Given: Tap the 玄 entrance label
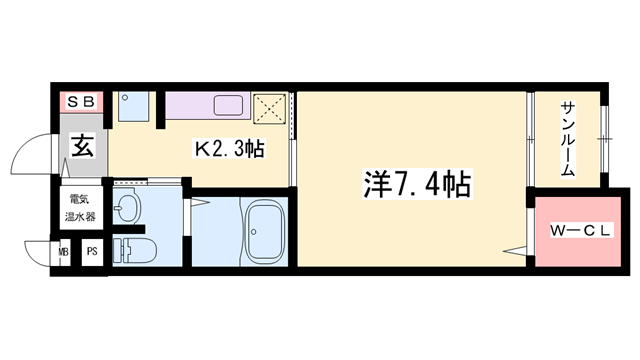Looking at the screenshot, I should point(83,147).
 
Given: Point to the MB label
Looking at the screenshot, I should point(64,253).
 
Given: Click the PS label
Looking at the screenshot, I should point(91,253).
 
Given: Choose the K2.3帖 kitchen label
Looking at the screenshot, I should point(228,150).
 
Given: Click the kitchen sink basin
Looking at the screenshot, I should point(227,106).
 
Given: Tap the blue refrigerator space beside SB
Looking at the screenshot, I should point(132,106).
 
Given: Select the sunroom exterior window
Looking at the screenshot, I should point(603,140).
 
